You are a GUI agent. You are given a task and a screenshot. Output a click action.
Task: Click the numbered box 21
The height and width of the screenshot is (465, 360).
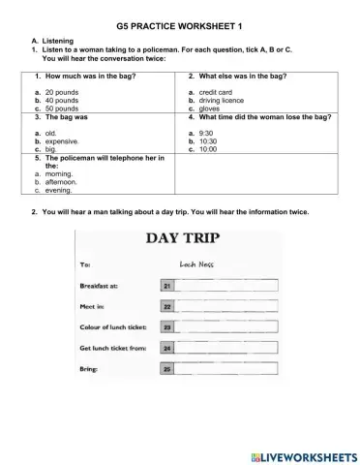point(167,286)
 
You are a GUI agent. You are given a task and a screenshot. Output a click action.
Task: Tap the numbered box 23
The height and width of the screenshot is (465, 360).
point(167,327)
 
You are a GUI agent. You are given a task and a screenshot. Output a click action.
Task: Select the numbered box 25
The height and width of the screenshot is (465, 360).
point(167,370)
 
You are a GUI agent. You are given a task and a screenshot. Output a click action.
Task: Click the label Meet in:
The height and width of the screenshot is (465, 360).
point(94,306)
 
